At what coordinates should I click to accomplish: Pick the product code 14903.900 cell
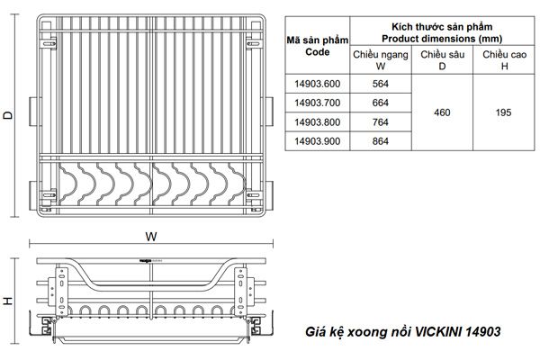click(x=315, y=140)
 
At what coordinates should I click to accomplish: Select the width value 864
click(x=380, y=140)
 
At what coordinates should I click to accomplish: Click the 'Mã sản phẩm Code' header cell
click(x=315, y=46)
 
